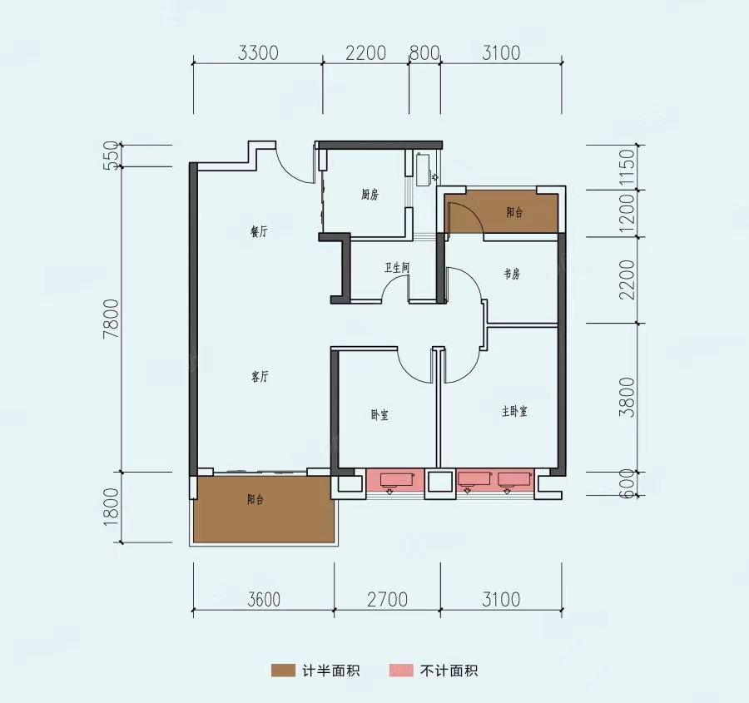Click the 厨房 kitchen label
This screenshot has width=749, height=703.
370,195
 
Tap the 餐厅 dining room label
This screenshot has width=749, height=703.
260,231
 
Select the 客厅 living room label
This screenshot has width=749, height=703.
260,377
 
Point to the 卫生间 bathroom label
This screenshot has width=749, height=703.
397,267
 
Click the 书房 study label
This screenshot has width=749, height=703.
512,274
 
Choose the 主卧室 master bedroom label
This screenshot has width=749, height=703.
514,411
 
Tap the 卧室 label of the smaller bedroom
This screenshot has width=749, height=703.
379,415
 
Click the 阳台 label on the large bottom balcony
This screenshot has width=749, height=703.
255,499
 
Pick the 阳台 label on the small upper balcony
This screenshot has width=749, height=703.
514,212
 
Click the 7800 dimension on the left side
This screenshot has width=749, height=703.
111,319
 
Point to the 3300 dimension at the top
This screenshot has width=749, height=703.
258,53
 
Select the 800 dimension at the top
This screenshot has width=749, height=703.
424,53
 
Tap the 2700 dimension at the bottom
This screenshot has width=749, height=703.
387,599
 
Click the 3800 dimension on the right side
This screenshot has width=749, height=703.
627,398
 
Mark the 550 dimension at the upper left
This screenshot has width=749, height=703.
111,156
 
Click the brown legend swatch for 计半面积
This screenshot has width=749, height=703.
283,671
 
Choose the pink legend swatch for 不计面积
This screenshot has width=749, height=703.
401,671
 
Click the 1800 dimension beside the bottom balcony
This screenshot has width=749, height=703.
111,507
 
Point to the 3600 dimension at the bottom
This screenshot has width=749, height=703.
264,599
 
